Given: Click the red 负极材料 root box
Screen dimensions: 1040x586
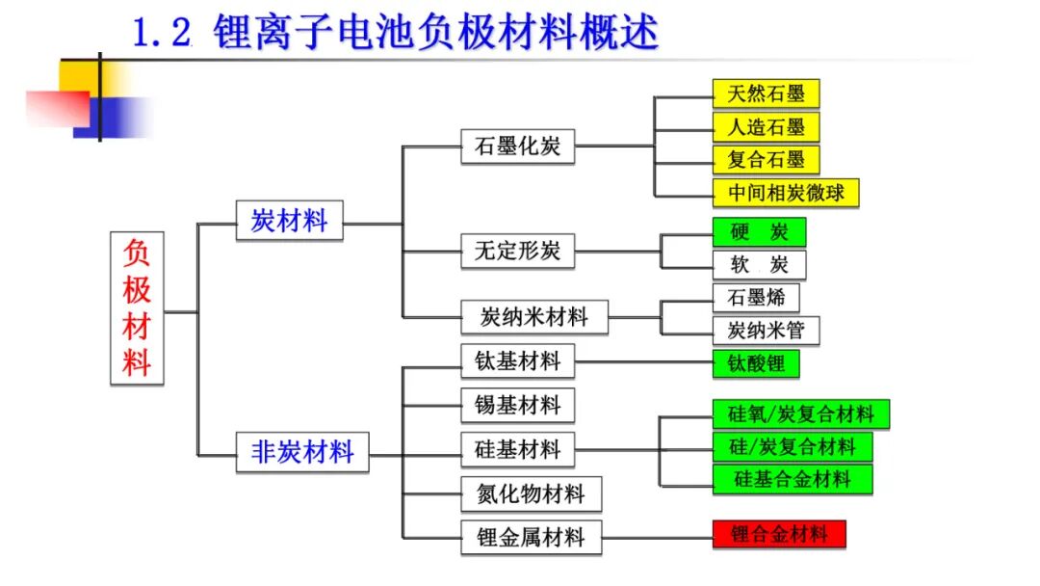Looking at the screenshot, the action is coord(137,307).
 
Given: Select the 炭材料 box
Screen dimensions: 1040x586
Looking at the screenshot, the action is coord(289,221).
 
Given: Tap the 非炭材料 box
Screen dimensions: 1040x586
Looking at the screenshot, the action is coord(302,452).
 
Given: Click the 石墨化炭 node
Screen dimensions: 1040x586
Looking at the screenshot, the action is coord(517,146).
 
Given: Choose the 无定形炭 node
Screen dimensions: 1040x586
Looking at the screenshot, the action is coord(517,251).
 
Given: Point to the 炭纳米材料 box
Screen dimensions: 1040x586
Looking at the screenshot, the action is coord(533,316).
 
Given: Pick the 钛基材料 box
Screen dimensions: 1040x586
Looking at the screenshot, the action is coord(517,361).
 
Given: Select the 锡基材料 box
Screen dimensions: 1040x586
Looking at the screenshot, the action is coord(517,405).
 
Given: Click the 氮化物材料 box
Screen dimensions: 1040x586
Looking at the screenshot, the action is coord(532,493).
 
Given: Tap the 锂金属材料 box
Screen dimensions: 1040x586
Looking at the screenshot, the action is coord(532,537).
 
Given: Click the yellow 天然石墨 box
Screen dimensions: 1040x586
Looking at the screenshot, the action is coord(767,93).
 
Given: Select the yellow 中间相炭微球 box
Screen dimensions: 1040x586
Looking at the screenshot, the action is coord(786,193).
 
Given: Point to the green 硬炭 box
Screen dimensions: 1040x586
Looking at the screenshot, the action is coord(760,231).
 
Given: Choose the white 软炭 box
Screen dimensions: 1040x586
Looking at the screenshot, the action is coord(760,265).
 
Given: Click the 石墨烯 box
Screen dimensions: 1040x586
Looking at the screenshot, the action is coord(756,297).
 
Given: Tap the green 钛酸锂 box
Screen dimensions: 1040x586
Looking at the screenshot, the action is coord(756,363).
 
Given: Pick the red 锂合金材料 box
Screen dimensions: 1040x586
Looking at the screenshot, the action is coord(779,534).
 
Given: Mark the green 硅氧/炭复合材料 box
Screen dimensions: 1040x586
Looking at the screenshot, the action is coord(801,414).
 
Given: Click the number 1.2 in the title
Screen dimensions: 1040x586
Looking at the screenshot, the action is coord(163,33).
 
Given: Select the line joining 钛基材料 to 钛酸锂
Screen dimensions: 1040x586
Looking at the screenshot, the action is coord(643,362).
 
